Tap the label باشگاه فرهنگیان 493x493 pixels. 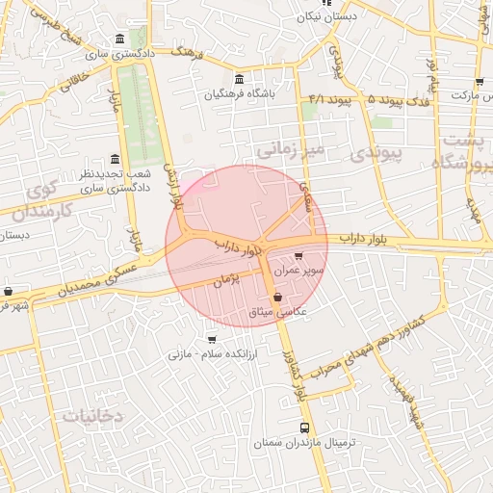pos(239,94)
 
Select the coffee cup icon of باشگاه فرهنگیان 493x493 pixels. pos(239,79)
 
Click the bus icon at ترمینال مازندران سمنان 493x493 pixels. pos(305,428)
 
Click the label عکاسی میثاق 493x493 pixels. pos(277,313)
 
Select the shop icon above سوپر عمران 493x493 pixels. pos(298,256)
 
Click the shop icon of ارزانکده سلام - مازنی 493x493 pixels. pos(212,339)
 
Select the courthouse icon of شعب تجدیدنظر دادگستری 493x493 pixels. pos(116,159)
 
